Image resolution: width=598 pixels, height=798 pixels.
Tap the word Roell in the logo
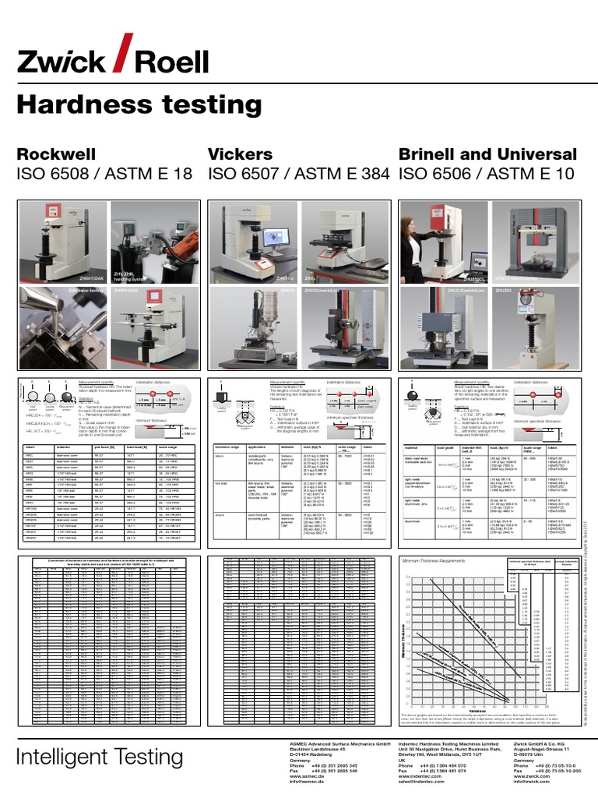pos(171,61)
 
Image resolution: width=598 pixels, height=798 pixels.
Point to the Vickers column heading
pos(241,154)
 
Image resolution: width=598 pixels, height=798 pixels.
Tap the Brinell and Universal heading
pos(487,154)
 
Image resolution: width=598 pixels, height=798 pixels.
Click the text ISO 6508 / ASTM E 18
pos(104,175)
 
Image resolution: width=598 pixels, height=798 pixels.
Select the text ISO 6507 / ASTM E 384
pos(298,175)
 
